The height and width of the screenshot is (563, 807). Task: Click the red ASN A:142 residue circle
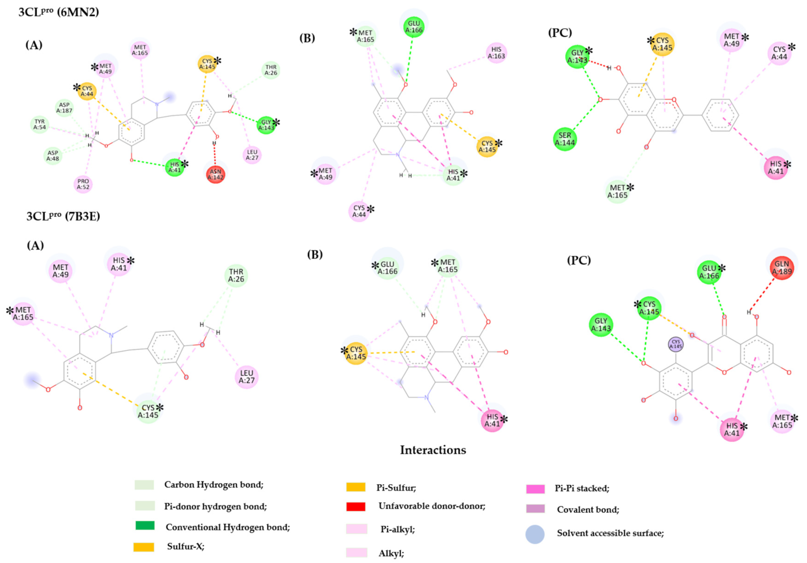pyautogui.click(x=216, y=175)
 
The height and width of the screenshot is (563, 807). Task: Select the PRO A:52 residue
pyautogui.click(x=83, y=184)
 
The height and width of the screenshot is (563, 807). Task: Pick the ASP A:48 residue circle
pyautogui.click(x=53, y=156)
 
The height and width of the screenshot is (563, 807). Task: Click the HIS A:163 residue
pyautogui.click(x=496, y=53)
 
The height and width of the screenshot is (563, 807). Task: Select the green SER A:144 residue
pyautogui.click(x=565, y=139)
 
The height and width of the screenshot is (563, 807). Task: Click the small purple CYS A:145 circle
pyautogui.click(x=676, y=344)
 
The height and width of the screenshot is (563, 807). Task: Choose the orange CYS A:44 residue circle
pyautogui.click(x=87, y=91)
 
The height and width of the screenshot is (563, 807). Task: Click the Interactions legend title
pyautogui.click(x=433, y=450)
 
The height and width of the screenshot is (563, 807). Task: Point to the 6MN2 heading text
pyautogui.click(x=59, y=12)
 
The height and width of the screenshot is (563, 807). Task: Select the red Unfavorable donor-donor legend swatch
pyautogui.click(x=356, y=506)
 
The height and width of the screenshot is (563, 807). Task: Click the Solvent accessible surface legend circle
pyautogui.click(x=535, y=534)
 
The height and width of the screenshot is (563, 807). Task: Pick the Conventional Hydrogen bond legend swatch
pyautogui.click(x=145, y=525)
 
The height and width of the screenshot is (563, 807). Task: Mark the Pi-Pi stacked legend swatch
pyautogui.click(x=535, y=489)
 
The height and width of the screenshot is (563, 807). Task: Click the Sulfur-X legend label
pyautogui.click(x=186, y=547)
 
